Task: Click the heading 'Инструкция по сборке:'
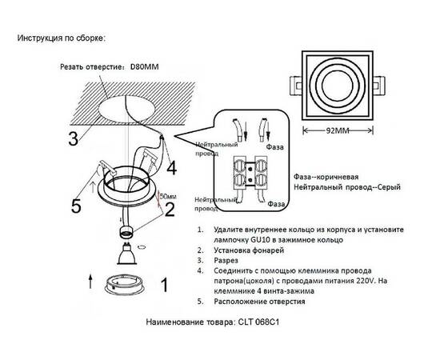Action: (61, 38)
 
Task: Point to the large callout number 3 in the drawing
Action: (73, 137)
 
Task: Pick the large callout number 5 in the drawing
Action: (76, 206)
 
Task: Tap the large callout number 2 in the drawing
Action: (169, 210)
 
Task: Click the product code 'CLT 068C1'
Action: (263, 325)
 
